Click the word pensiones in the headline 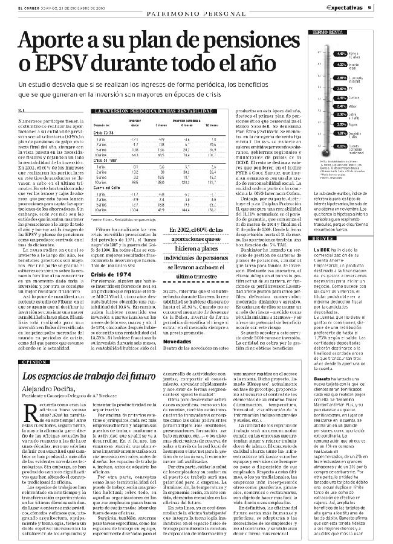pyautogui.click(x=248, y=40)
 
